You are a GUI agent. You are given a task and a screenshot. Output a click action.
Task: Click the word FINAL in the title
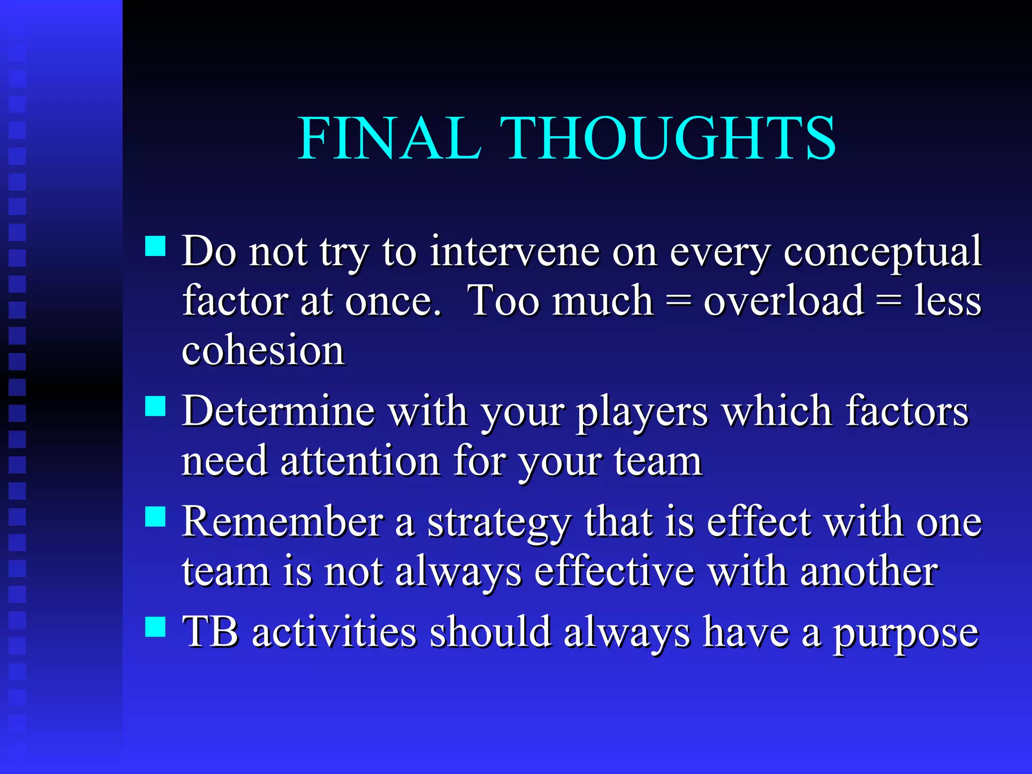389,138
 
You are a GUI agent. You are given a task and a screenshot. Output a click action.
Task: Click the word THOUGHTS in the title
668,138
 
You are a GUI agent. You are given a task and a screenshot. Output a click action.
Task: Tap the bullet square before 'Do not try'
155,246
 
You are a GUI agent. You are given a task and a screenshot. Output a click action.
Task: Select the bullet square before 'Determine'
155,406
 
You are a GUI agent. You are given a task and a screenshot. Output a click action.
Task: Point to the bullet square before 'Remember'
155,517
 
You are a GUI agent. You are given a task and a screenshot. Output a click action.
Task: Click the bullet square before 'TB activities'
155,627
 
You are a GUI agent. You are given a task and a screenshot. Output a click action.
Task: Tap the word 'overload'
784,301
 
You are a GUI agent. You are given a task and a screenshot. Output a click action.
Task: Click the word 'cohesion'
263,350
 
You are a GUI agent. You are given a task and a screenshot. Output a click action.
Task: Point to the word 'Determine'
278,411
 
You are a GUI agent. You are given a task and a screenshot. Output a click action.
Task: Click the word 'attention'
360,461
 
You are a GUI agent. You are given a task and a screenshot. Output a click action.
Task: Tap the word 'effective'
614,571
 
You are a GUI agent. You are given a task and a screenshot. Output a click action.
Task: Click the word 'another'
869,571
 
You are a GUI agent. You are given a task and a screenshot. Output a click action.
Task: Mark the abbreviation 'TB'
210,631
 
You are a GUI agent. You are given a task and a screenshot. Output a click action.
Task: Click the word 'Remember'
282,522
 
